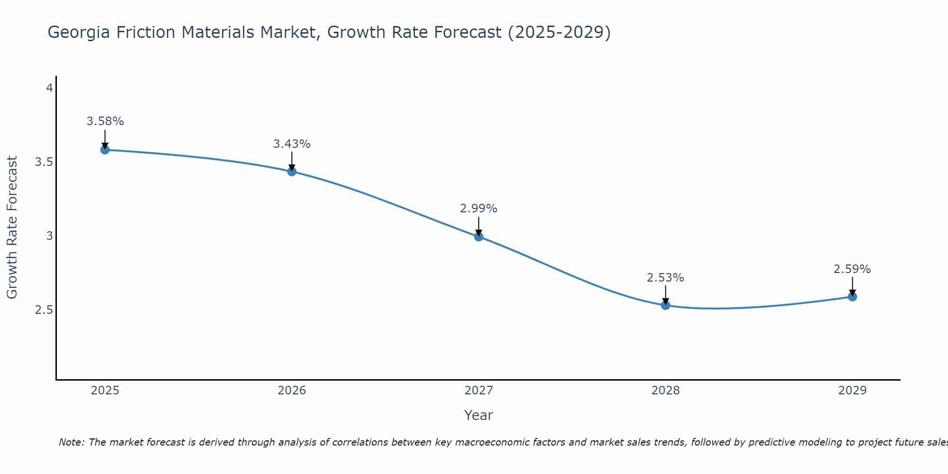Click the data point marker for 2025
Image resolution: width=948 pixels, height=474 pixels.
[x=105, y=150]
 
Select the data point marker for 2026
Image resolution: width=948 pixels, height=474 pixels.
[x=292, y=172]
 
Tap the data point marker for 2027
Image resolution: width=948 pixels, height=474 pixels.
[x=479, y=237]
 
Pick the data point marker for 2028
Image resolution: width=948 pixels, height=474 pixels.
[x=665, y=305]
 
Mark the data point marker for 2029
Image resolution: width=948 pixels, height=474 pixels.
[x=852, y=297]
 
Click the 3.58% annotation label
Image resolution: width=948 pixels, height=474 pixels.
[x=105, y=121]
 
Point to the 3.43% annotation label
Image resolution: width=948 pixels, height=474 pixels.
[x=292, y=144]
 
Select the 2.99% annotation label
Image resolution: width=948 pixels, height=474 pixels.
[x=479, y=209]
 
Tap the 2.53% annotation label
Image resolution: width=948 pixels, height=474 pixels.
[x=665, y=278]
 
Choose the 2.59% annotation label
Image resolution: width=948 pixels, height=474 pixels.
[x=852, y=269]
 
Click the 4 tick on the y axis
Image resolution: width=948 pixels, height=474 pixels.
[x=49, y=88]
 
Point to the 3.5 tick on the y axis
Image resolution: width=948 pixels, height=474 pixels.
[x=44, y=162]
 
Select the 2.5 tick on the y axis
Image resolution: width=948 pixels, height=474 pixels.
[x=44, y=310]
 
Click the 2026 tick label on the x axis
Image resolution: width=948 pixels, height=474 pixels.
[x=292, y=391]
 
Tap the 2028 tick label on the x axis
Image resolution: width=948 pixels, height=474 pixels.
[x=665, y=391]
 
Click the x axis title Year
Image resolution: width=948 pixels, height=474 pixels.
[x=479, y=415]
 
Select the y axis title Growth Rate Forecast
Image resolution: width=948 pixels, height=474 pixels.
[x=12, y=228]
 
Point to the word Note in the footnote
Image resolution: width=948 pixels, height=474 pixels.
[x=71, y=442]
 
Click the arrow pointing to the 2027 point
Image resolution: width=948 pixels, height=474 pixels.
[x=479, y=227]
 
